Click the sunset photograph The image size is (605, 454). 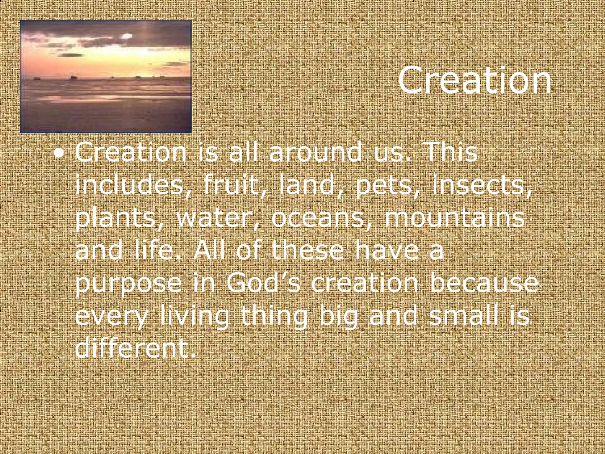pos(106,77)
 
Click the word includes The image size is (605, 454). pos(130,185)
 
